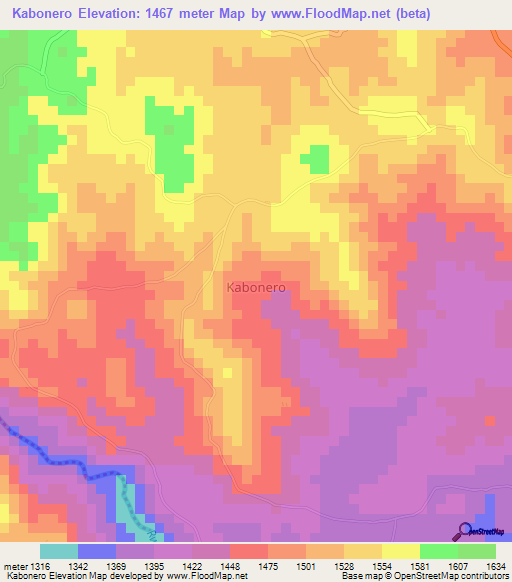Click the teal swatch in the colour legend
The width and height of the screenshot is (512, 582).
58,551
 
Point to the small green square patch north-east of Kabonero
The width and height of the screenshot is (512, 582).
318,158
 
